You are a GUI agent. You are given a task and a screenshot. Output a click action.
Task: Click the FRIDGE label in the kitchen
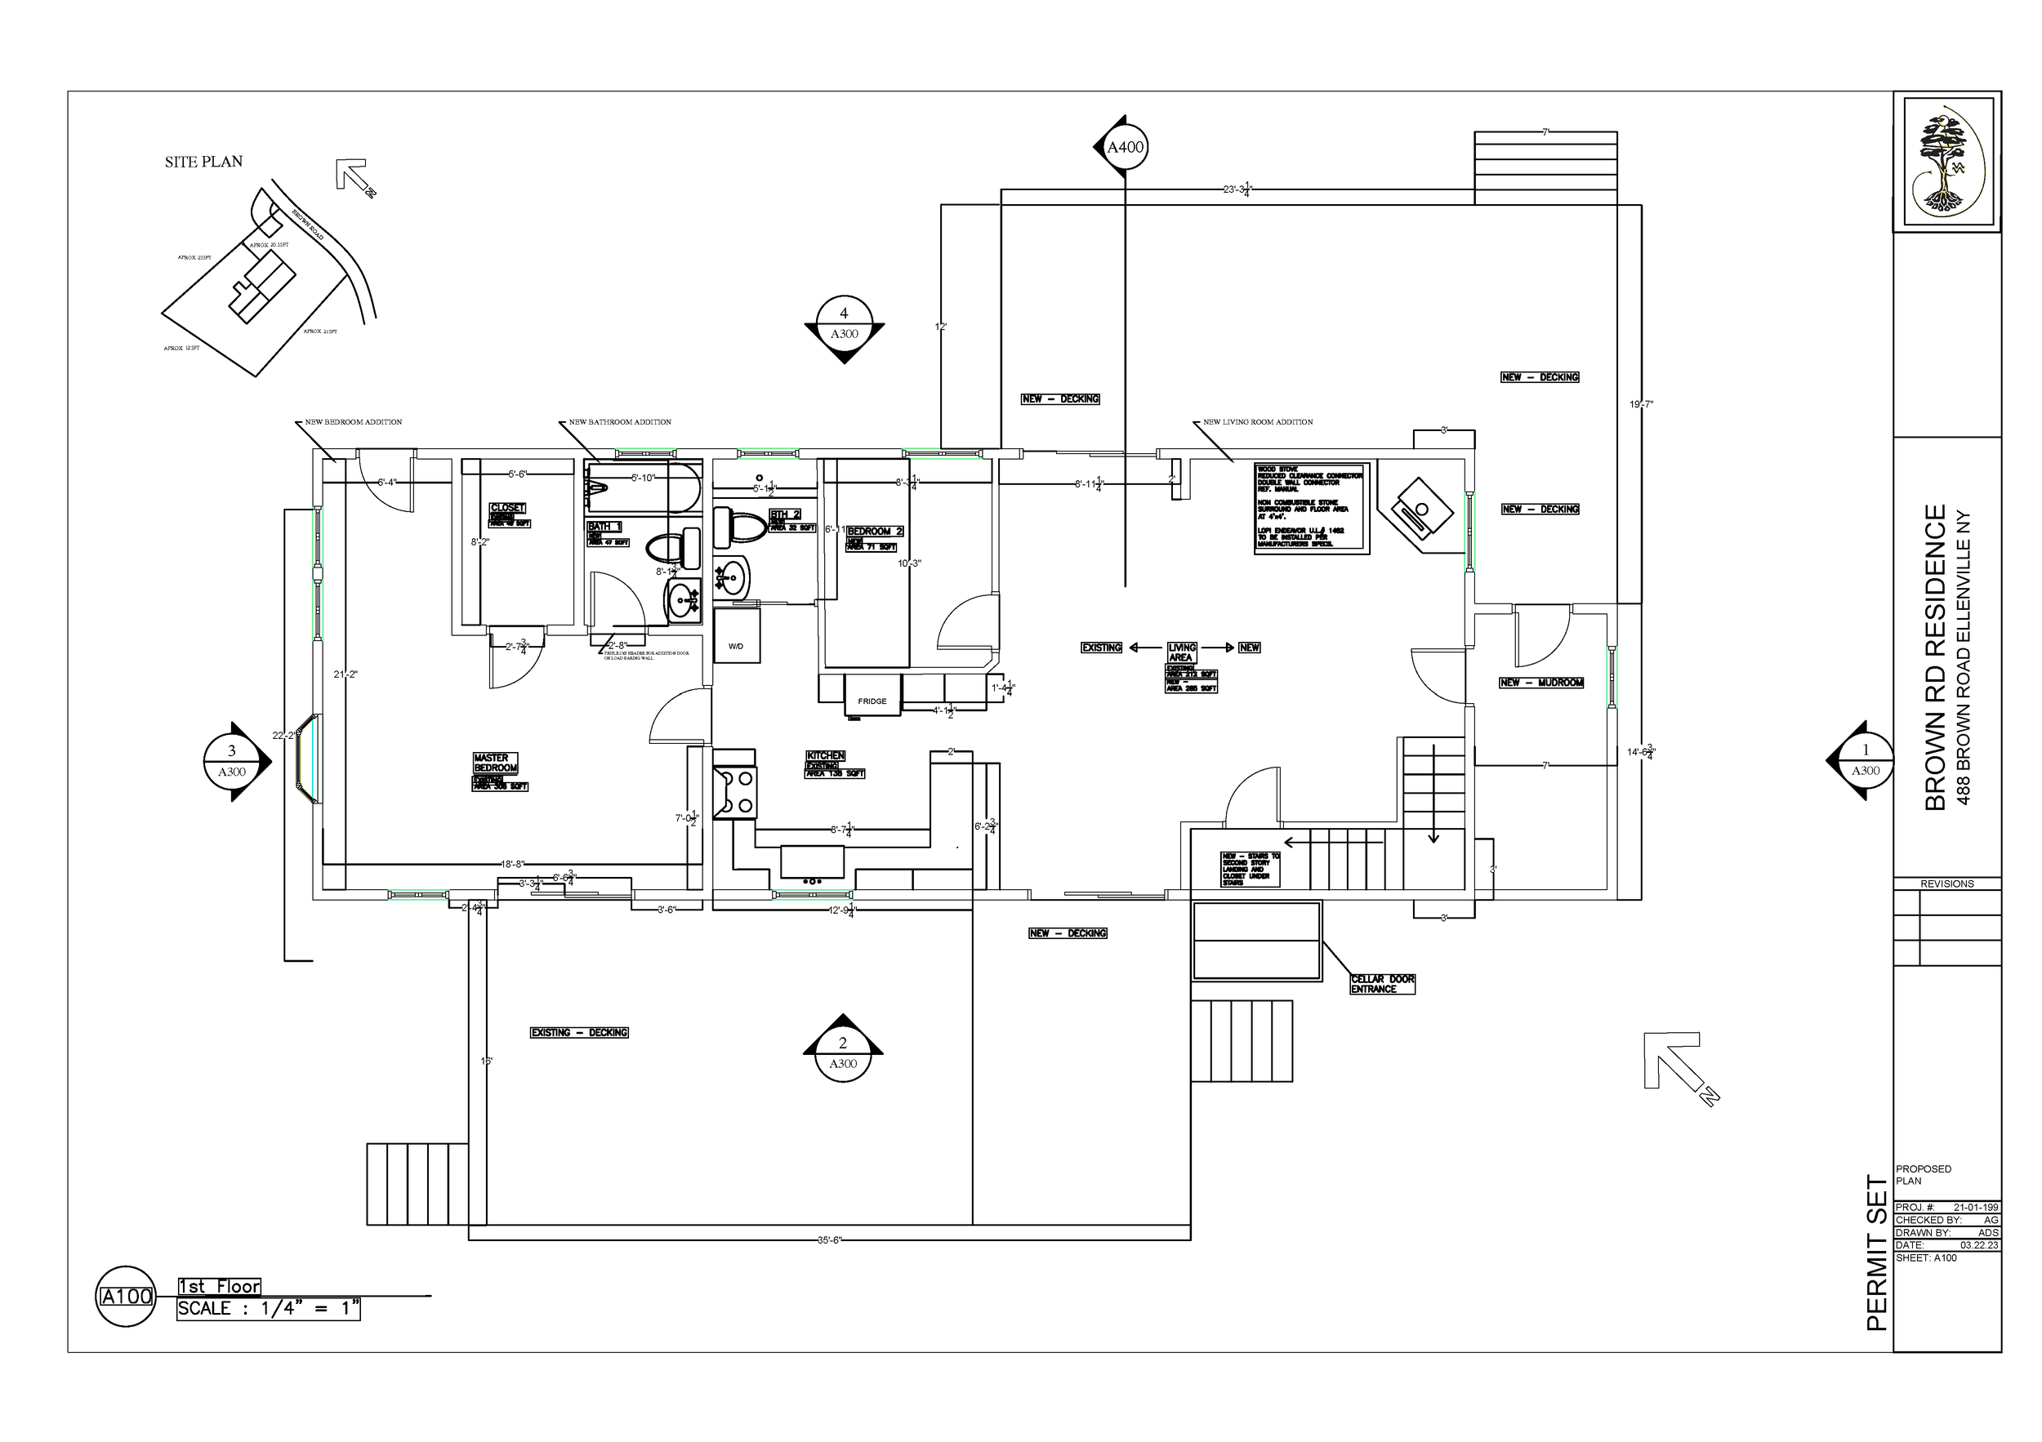872,701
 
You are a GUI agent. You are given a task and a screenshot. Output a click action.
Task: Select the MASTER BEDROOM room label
495,763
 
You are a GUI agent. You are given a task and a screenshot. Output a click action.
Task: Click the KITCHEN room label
825,755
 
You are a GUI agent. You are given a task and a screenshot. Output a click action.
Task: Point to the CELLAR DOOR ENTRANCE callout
1382,984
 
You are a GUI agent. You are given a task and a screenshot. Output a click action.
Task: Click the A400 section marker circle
1125,148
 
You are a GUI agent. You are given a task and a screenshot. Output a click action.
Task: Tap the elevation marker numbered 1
1865,761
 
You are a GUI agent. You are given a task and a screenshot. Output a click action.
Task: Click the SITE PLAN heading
203,162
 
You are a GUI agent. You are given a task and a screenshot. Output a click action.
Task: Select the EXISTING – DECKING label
580,1032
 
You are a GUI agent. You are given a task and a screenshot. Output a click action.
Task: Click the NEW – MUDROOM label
1541,683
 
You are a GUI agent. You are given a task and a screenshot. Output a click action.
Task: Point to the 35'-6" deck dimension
829,1240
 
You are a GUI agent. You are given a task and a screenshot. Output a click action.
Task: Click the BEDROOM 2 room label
875,532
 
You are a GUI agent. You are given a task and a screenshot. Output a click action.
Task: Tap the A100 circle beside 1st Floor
127,1296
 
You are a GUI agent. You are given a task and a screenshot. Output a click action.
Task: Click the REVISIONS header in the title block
1946,883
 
